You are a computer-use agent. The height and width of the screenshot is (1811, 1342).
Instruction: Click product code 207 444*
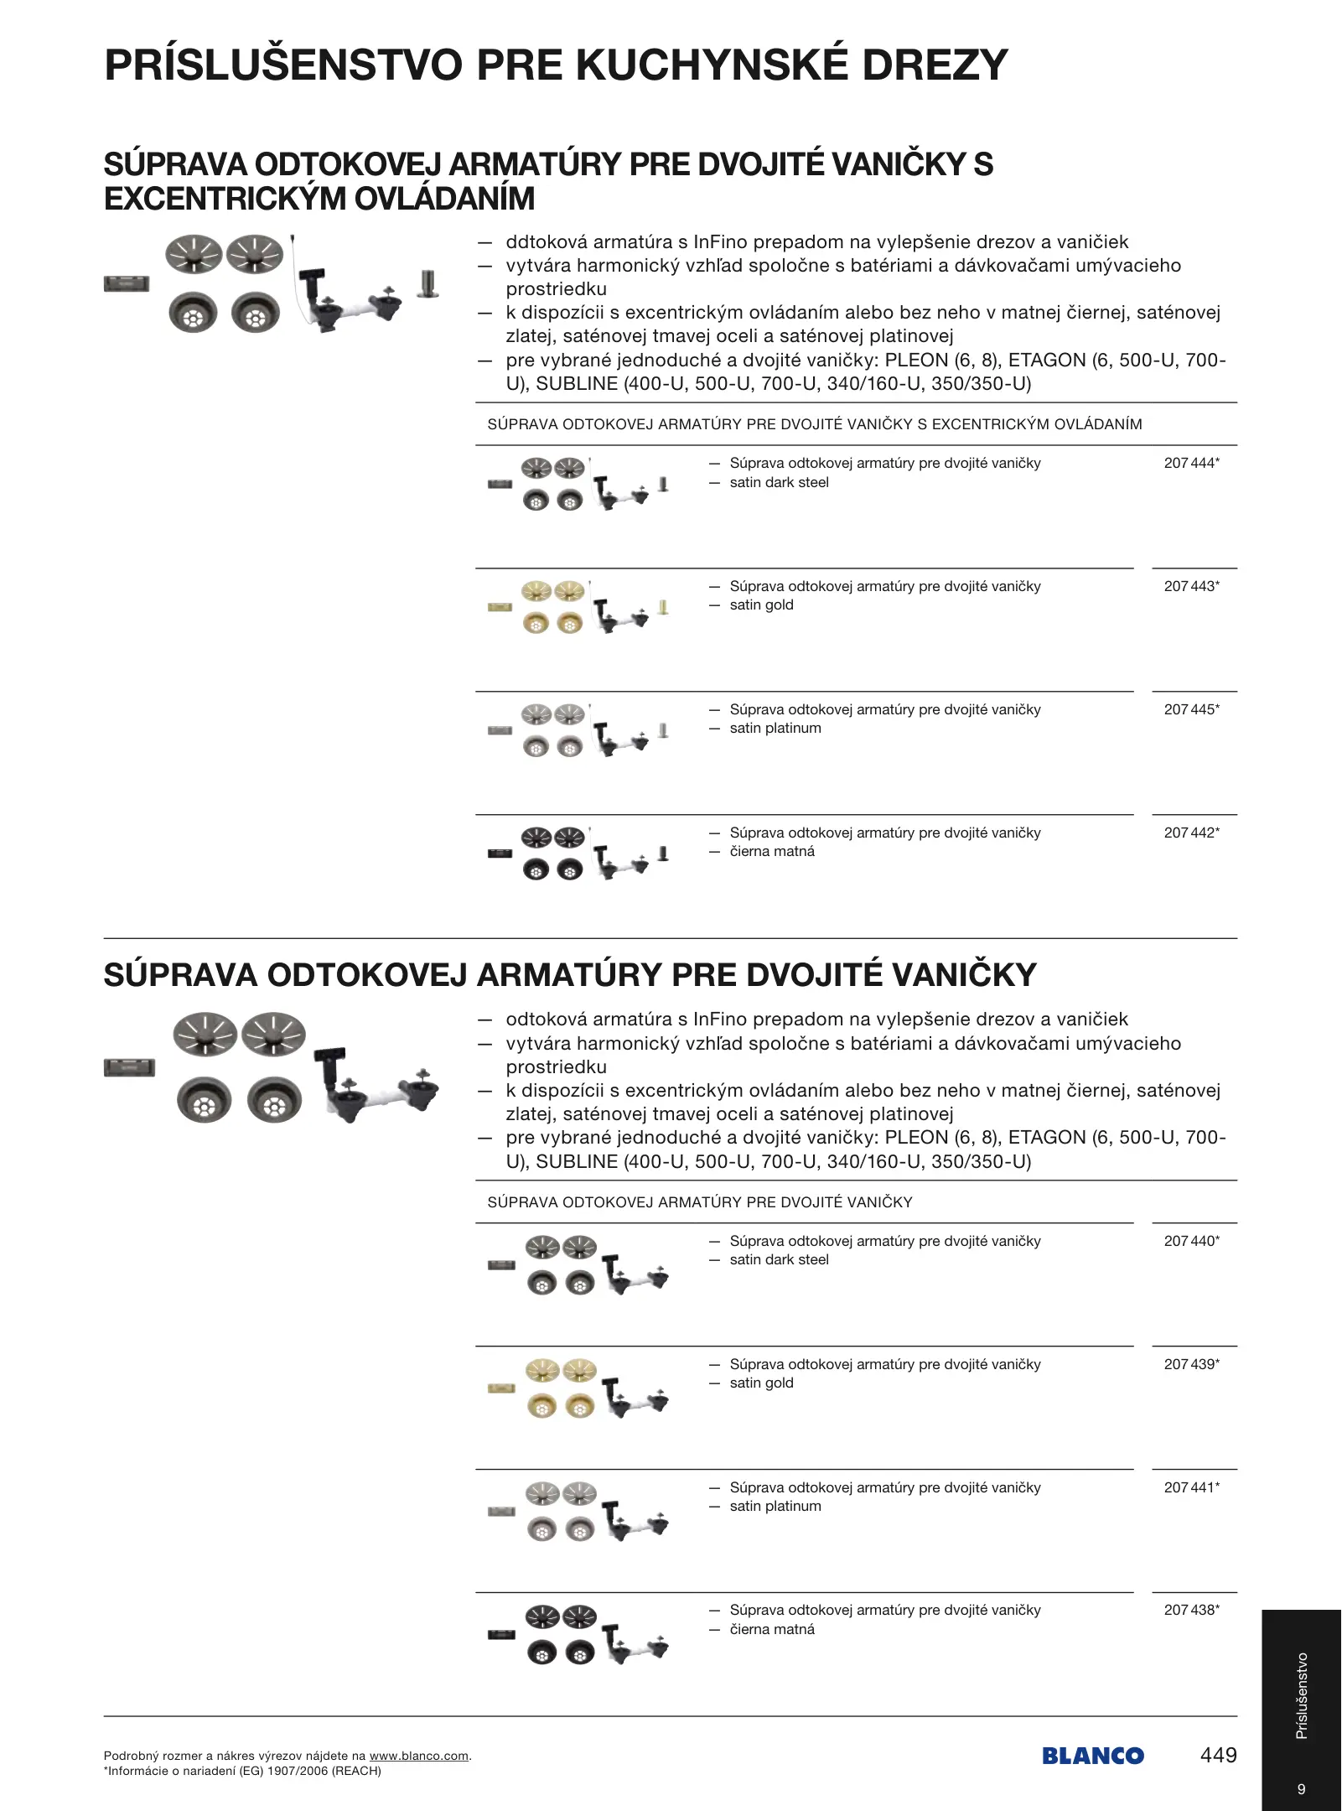point(1191,463)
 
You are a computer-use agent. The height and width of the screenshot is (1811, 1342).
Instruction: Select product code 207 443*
point(1191,586)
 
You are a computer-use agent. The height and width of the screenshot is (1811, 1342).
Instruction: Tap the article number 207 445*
point(1191,709)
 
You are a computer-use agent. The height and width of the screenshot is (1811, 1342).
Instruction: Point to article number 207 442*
point(1191,833)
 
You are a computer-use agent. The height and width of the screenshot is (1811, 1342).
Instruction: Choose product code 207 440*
point(1191,1241)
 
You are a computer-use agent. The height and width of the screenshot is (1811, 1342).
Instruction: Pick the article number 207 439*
point(1191,1364)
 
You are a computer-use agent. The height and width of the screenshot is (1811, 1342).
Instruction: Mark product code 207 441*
point(1191,1487)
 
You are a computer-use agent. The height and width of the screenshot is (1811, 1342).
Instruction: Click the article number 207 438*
point(1191,1610)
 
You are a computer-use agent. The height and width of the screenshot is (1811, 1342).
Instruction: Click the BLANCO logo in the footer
point(1093,1756)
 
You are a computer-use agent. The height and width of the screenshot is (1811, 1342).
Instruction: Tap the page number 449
point(1218,1755)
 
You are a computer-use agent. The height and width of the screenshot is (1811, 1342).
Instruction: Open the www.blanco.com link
point(418,1756)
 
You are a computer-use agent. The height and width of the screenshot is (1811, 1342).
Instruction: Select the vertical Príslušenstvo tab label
point(1302,1695)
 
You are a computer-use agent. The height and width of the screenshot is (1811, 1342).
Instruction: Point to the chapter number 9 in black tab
point(1301,1788)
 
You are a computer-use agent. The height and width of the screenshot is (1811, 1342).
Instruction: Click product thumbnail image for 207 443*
point(578,606)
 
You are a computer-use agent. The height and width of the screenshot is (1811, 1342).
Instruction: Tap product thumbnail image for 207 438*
point(578,1634)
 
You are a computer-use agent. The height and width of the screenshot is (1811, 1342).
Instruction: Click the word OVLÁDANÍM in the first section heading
point(445,199)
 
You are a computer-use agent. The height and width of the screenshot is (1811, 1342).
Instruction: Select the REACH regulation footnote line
point(242,1771)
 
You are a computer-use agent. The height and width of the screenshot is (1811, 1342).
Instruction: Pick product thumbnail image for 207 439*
point(578,1388)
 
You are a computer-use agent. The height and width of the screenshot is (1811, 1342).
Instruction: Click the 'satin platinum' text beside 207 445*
point(775,729)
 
